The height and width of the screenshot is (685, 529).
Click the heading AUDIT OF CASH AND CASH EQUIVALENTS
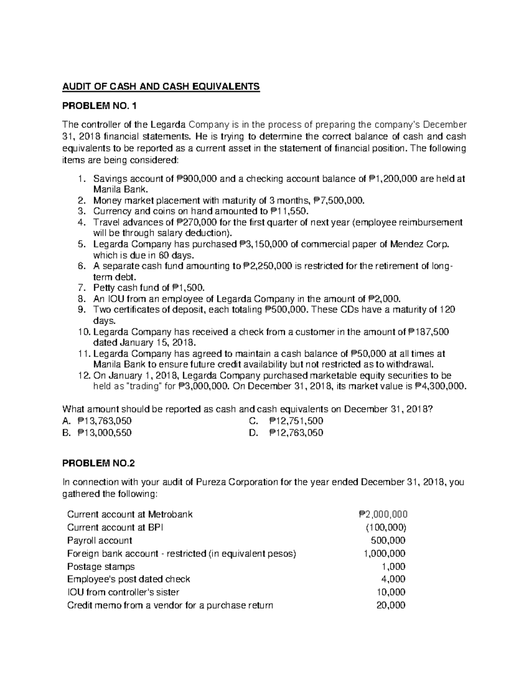[x=162, y=86]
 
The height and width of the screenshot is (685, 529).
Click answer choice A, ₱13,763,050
[x=97, y=421]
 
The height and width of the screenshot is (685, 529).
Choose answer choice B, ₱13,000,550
[x=97, y=433]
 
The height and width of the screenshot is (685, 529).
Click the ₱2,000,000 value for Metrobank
[x=383, y=514]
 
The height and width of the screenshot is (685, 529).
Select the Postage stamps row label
[x=101, y=566]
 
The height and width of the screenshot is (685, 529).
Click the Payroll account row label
[x=100, y=540]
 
